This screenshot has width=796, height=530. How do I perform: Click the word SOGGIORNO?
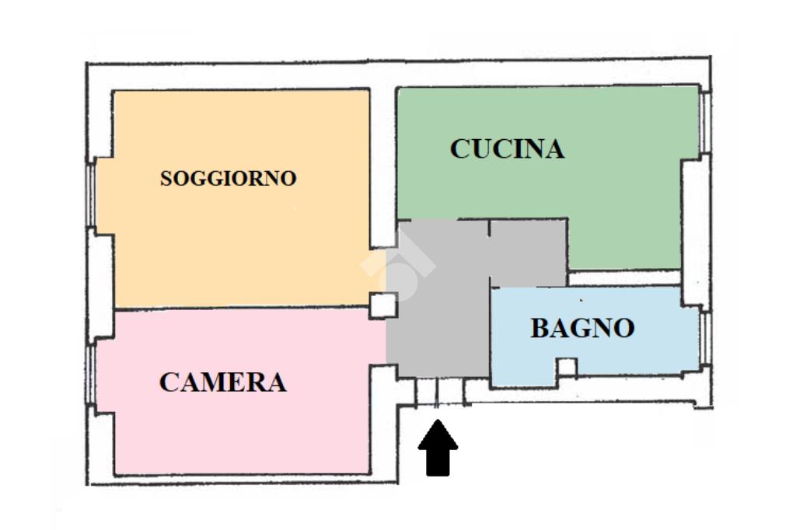tap(228, 178)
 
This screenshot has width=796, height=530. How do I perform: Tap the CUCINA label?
tap(507, 148)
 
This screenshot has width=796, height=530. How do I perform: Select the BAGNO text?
tap(582, 328)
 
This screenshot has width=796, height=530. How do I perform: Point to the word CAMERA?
tap(222, 382)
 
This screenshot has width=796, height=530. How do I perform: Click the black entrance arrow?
tap(438, 448)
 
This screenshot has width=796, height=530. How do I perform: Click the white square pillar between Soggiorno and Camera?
tap(382, 305)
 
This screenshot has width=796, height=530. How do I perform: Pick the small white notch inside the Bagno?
tap(567, 367)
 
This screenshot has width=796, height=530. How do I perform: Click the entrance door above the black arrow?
tap(440, 392)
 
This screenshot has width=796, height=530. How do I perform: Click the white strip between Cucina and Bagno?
tap(624, 277)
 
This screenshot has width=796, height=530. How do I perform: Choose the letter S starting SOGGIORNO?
tap(166, 178)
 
